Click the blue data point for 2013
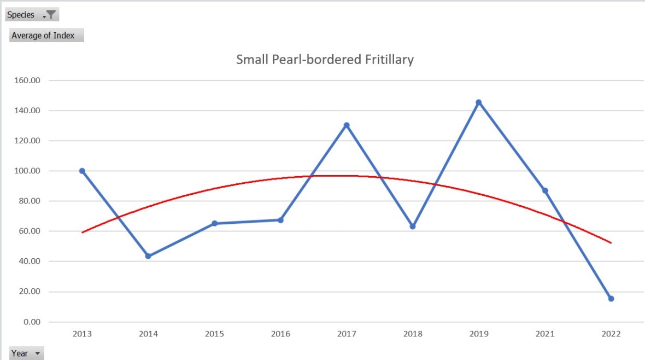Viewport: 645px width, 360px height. pos(82,171)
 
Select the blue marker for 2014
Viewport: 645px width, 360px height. pos(148,256)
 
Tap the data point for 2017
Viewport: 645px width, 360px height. pos(347,125)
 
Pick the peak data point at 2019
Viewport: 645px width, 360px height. pos(479,102)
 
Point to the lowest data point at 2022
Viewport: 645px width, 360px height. pos(611,299)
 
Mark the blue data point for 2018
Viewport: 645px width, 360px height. pos(413,227)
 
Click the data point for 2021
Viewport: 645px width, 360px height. pos(545,190)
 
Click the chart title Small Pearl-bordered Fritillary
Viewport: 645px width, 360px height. pos(325,60)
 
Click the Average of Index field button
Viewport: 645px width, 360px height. pos(46,36)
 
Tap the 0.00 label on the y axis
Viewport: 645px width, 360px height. pos(33,322)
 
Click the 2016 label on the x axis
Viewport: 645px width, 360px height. pos(280,334)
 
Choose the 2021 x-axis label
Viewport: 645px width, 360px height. pos(545,334)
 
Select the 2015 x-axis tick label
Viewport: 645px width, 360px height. pos(214,334)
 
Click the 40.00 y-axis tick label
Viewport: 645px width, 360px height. pos(31,262)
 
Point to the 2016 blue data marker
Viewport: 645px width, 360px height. pos(280,220)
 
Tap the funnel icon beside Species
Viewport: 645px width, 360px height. pos(51,15)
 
